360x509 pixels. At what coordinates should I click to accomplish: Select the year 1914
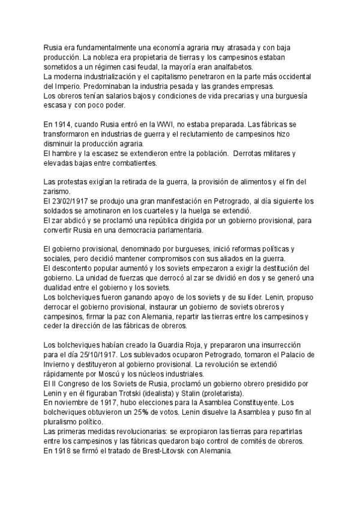[x=65, y=124]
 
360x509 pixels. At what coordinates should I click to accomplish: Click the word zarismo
[x=59, y=191]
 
